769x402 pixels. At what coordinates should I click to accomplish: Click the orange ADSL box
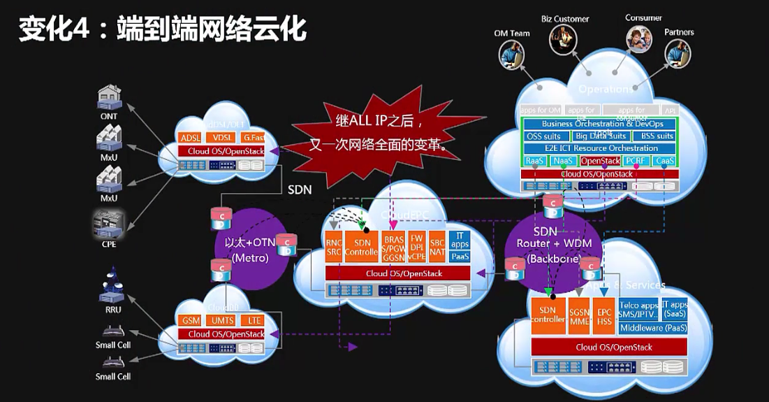pos(190,138)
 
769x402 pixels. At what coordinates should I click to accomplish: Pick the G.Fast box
pos(254,138)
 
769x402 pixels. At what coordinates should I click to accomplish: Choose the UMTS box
pos(223,320)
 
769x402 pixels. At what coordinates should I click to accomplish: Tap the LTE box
pos(254,320)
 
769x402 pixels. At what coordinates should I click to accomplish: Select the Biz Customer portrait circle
pos(563,39)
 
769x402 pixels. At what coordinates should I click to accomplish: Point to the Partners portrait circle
pos(678,52)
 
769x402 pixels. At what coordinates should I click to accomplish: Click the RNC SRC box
pos(333,247)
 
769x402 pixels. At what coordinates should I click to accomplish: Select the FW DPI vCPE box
pos(417,247)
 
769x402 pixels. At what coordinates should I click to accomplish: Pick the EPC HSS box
pos(603,315)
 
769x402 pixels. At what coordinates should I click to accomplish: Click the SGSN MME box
pos(579,315)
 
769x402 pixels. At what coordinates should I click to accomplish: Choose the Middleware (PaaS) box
pos(653,327)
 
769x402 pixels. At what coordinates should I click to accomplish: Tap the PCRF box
pos(637,161)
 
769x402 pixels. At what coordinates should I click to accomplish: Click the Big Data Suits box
pos(600,136)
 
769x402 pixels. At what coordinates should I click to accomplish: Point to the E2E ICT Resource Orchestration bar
pos(600,148)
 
